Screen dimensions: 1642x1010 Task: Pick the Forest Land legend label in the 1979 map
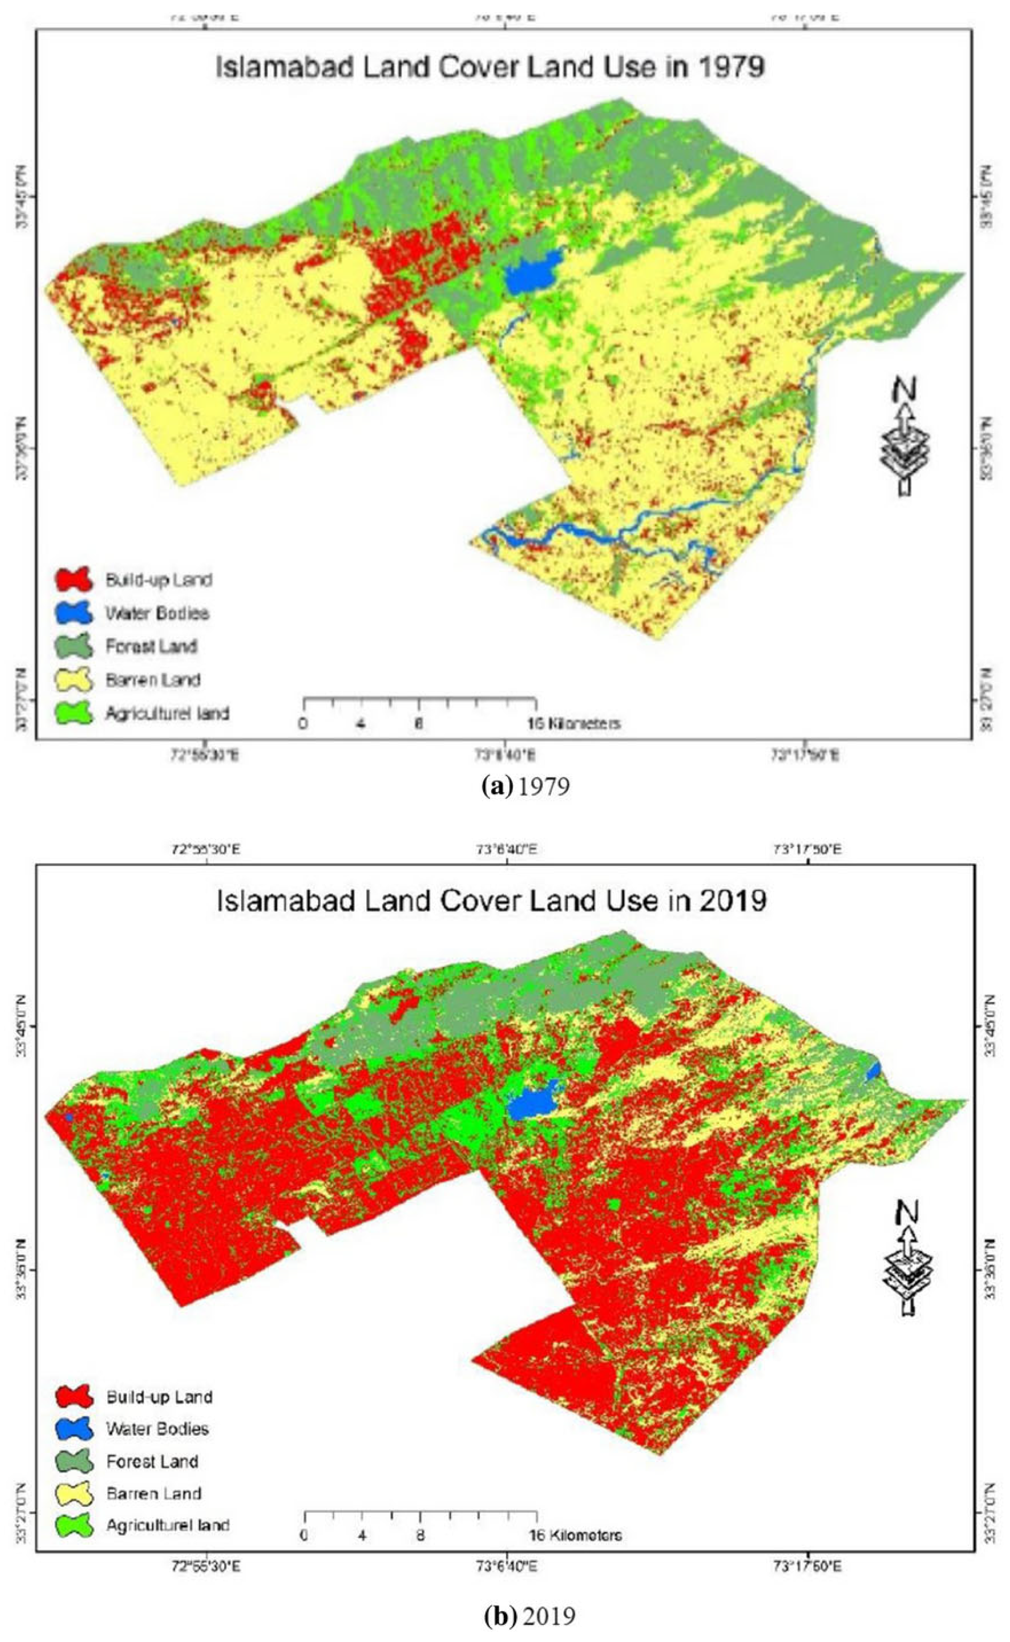(151, 646)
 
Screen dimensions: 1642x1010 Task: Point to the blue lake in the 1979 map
(531, 274)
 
